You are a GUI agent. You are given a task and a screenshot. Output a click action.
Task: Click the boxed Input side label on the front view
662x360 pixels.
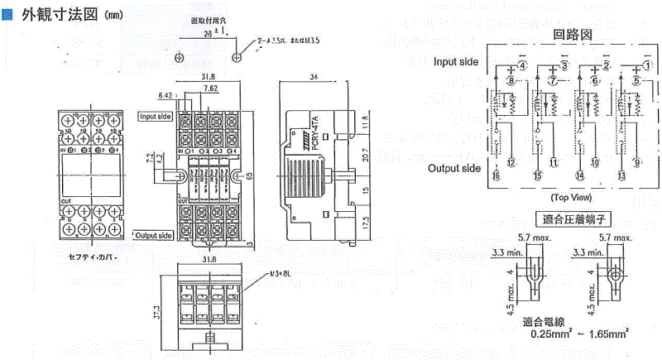155,117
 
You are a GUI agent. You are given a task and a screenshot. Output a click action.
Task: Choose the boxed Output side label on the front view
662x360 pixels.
152,236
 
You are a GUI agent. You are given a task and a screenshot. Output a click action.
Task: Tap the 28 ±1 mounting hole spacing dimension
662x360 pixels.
209,31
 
